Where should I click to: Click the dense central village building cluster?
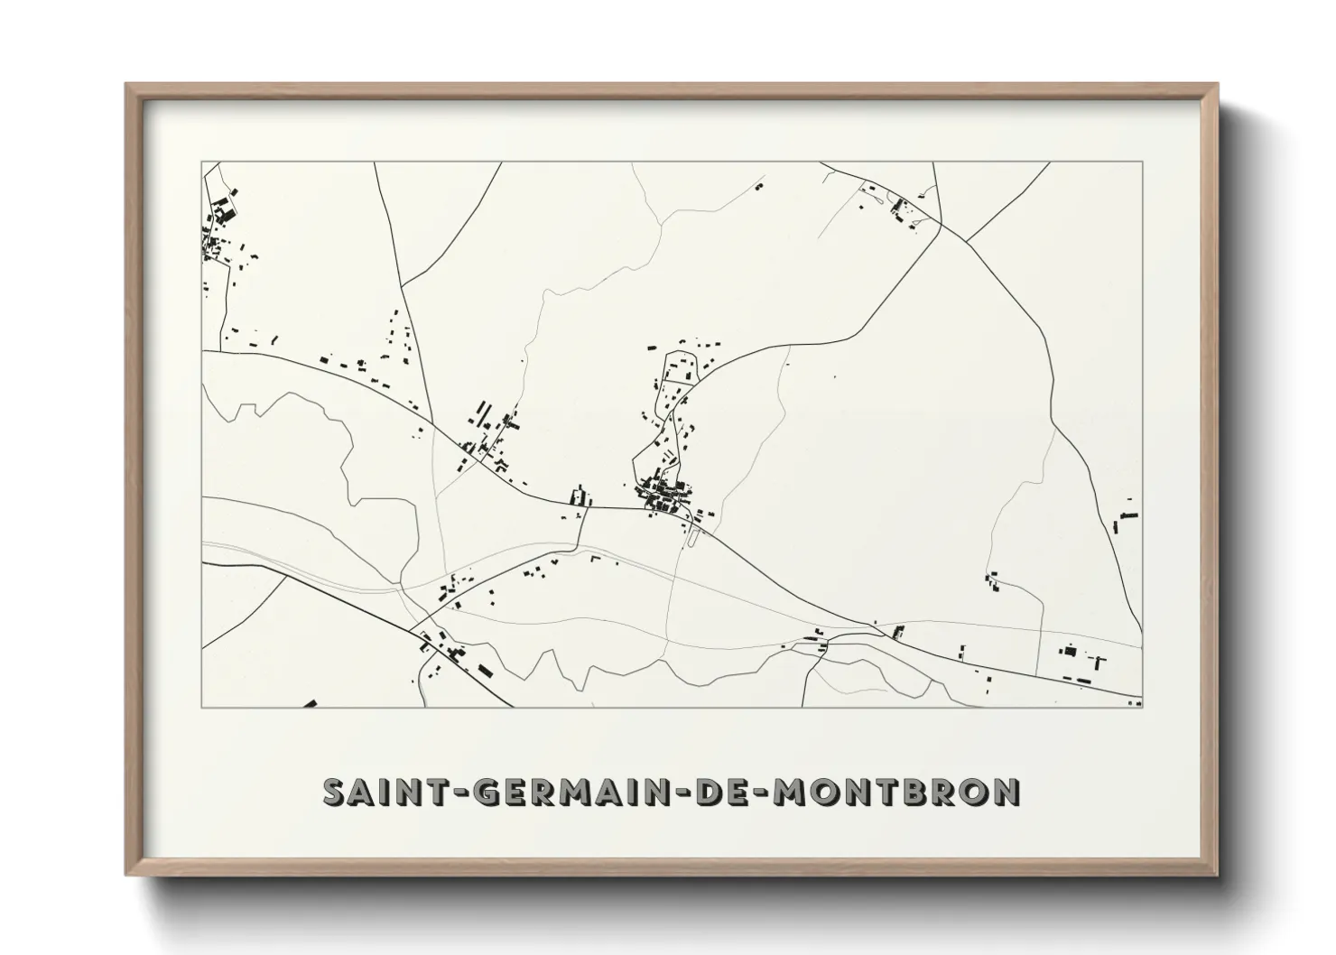(x=666, y=496)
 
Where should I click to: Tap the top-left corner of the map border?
(x=202, y=162)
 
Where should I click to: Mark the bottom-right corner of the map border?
(x=1143, y=707)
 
